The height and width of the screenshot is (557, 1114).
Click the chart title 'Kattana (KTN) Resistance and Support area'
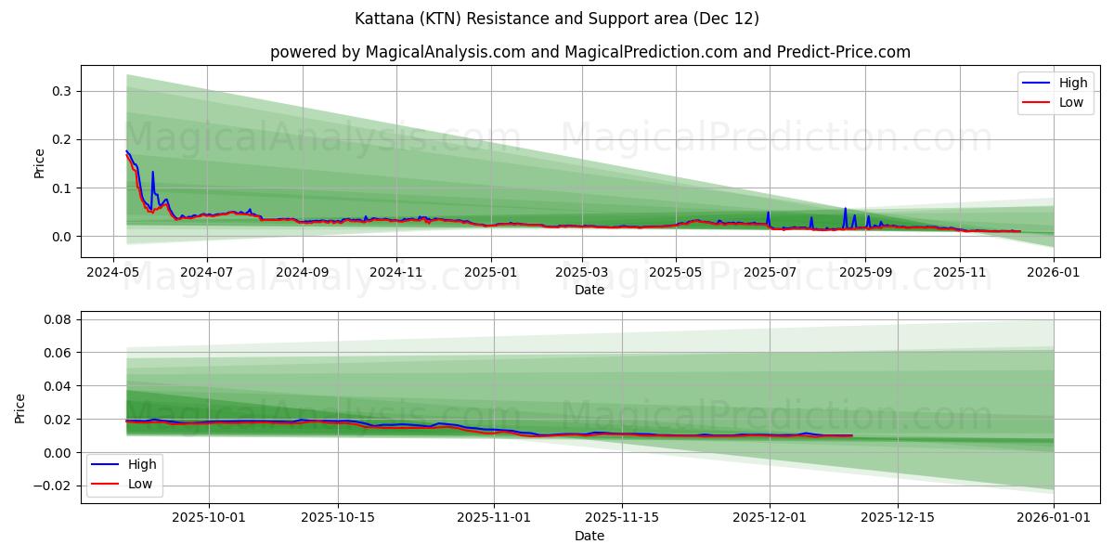[x=557, y=19]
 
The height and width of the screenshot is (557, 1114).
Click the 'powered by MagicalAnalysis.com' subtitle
[x=589, y=52]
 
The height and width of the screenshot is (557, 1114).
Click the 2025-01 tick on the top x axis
[x=490, y=273]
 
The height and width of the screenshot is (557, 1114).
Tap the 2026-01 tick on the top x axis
[x=1054, y=273]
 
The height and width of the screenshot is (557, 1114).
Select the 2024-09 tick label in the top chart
[x=302, y=273]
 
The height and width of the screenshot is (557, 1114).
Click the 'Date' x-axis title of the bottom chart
[x=589, y=536]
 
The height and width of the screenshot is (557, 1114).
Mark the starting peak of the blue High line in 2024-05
[x=126, y=151]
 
